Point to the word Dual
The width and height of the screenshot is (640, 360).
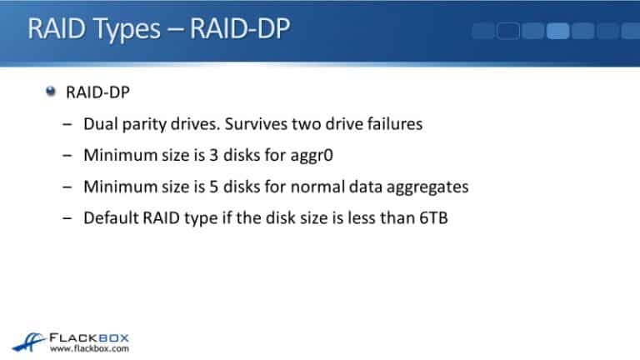100,124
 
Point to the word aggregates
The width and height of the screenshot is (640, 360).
426,187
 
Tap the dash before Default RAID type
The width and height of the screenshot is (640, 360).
67,218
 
